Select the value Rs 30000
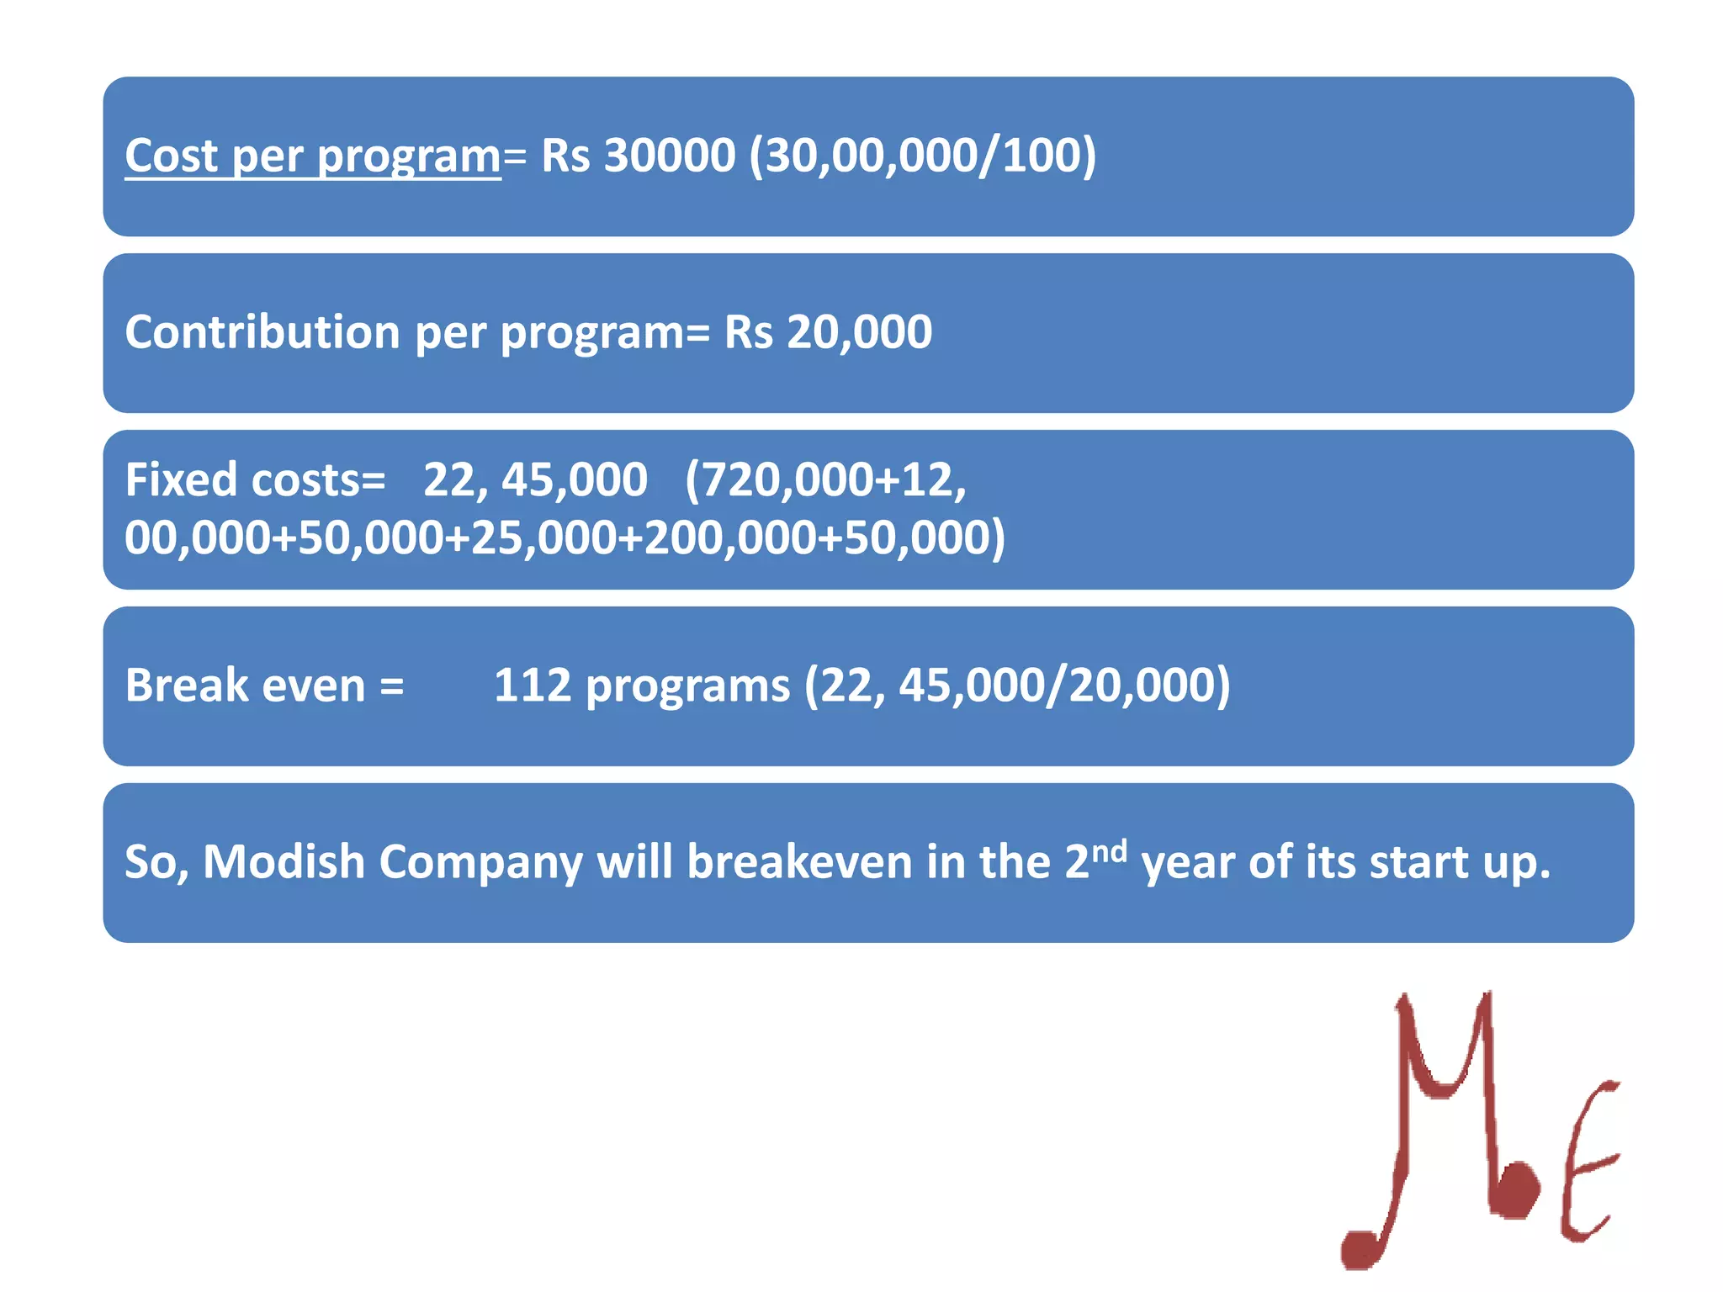(x=638, y=156)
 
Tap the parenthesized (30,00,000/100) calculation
(x=922, y=156)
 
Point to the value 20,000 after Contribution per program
(x=859, y=332)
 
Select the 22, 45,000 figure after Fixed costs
(x=535, y=480)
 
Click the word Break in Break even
(x=187, y=686)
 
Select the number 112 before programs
(x=532, y=686)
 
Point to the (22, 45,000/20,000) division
(x=1017, y=686)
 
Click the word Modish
(x=283, y=862)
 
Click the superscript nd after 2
(x=1109, y=850)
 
